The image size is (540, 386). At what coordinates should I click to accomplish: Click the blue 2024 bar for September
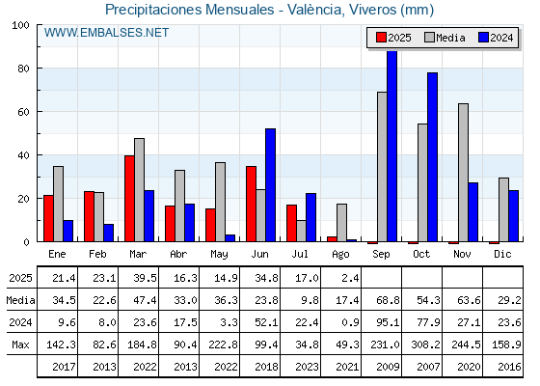(x=391, y=146)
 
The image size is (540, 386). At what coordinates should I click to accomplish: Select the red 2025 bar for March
(x=129, y=199)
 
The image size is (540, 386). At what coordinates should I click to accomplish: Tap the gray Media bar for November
(x=463, y=173)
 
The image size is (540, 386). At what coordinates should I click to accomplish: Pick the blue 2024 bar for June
(x=270, y=185)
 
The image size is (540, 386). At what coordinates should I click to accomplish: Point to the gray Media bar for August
(x=341, y=223)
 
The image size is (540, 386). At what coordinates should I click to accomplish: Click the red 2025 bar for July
(x=291, y=223)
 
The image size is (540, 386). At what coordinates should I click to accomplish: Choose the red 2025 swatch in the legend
(x=381, y=38)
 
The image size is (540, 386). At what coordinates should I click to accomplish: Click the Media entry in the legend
(x=445, y=38)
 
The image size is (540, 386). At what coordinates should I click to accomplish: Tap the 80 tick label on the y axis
(x=23, y=69)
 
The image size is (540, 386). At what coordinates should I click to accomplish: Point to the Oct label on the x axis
(x=421, y=255)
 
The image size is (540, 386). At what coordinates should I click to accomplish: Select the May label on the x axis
(x=219, y=255)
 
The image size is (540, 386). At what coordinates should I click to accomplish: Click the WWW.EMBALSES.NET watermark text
(x=106, y=33)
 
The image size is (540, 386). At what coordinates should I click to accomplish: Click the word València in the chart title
(x=316, y=10)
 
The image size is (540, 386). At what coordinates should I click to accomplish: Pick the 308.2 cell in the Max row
(x=425, y=345)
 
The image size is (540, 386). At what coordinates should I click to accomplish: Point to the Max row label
(x=20, y=345)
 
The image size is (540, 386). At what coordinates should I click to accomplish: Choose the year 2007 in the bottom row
(x=428, y=367)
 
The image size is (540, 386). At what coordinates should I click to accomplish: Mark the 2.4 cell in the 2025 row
(x=351, y=278)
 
